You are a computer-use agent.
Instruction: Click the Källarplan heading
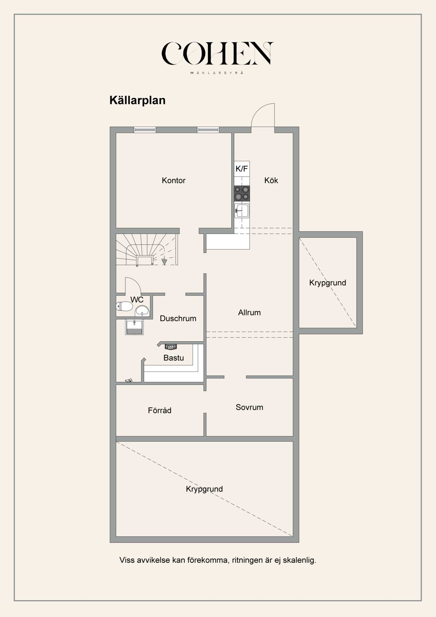[x=137, y=100]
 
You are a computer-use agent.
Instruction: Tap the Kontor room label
[x=173, y=180]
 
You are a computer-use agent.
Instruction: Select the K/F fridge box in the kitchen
[x=242, y=169]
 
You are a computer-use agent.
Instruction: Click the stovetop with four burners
[x=242, y=193]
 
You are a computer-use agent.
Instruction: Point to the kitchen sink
[x=242, y=211]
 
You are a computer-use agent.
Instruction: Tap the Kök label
[x=271, y=180]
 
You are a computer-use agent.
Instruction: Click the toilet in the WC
[x=124, y=306]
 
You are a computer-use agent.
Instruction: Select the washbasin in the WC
[x=142, y=311]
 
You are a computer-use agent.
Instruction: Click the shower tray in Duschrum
[x=135, y=327]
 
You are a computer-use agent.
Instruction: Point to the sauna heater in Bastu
[x=171, y=347]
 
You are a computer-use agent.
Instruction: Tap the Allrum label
[x=249, y=313]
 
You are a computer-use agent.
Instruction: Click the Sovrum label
[x=249, y=407]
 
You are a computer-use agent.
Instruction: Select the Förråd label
[x=159, y=410]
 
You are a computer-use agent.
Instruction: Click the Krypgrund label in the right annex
[x=327, y=283]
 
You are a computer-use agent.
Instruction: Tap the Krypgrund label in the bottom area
[x=204, y=489]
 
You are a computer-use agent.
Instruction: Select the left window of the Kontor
[x=145, y=130]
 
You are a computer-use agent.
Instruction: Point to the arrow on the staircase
[x=164, y=262]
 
